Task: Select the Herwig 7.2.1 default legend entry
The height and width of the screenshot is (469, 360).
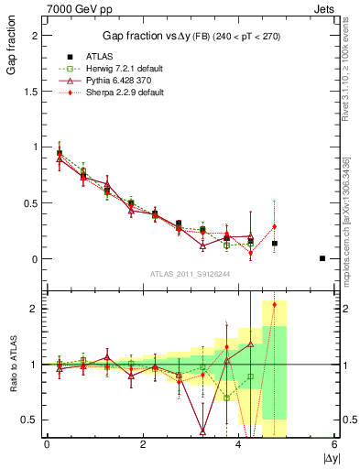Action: coord(110,69)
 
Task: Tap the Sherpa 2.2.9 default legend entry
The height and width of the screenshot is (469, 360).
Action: coord(110,93)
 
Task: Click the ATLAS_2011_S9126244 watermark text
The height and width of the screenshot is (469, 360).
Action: coord(188,273)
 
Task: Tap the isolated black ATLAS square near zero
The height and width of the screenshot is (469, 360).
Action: coord(322,258)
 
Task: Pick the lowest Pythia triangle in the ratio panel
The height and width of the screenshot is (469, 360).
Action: coord(202,431)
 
